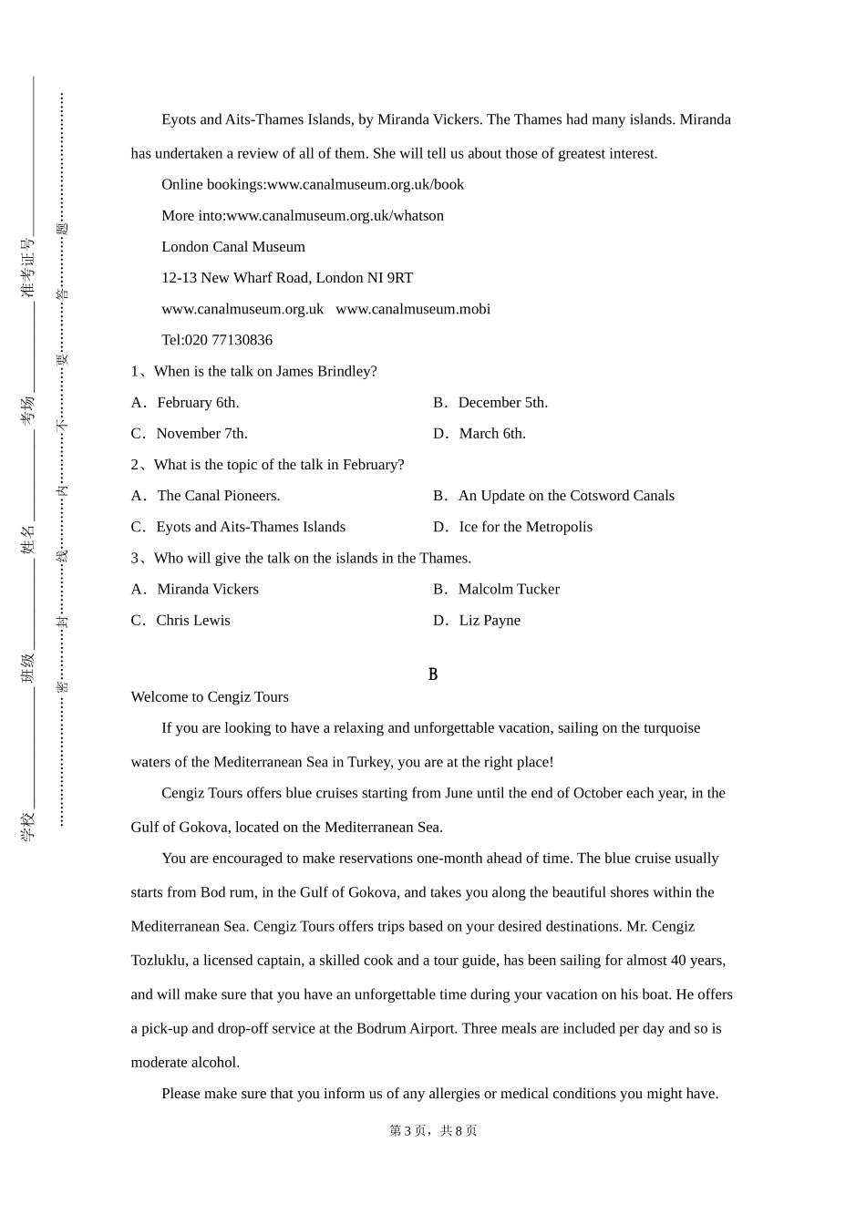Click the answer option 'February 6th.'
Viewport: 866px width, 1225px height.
coord(198,403)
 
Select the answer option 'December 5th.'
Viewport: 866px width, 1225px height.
coord(502,403)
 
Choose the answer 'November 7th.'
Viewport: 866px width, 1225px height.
coord(201,434)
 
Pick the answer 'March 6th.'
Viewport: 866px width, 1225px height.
coord(492,434)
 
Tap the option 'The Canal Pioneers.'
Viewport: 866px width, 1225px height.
coord(218,496)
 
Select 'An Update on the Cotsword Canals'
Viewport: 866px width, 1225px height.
coord(566,496)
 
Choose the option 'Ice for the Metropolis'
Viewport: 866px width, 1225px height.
coord(525,527)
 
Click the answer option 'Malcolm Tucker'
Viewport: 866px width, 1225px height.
coord(509,590)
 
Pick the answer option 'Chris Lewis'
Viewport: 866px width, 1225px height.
coord(193,621)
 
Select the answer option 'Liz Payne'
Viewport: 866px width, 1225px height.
coord(490,621)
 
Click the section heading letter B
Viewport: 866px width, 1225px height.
coord(433,674)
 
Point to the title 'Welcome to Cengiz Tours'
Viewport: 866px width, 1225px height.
coord(210,697)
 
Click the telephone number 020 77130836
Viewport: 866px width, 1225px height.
coord(217,340)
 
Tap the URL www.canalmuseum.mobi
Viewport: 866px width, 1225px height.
coord(413,309)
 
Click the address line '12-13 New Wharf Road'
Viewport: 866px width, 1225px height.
coord(287,278)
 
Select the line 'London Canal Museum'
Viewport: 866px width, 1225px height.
coord(233,247)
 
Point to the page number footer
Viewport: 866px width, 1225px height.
coord(433,1131)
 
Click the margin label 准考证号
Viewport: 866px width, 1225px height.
coord(28,268)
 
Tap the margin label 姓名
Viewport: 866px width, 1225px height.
coord(28,539)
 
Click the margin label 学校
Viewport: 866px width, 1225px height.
coord(28,826)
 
